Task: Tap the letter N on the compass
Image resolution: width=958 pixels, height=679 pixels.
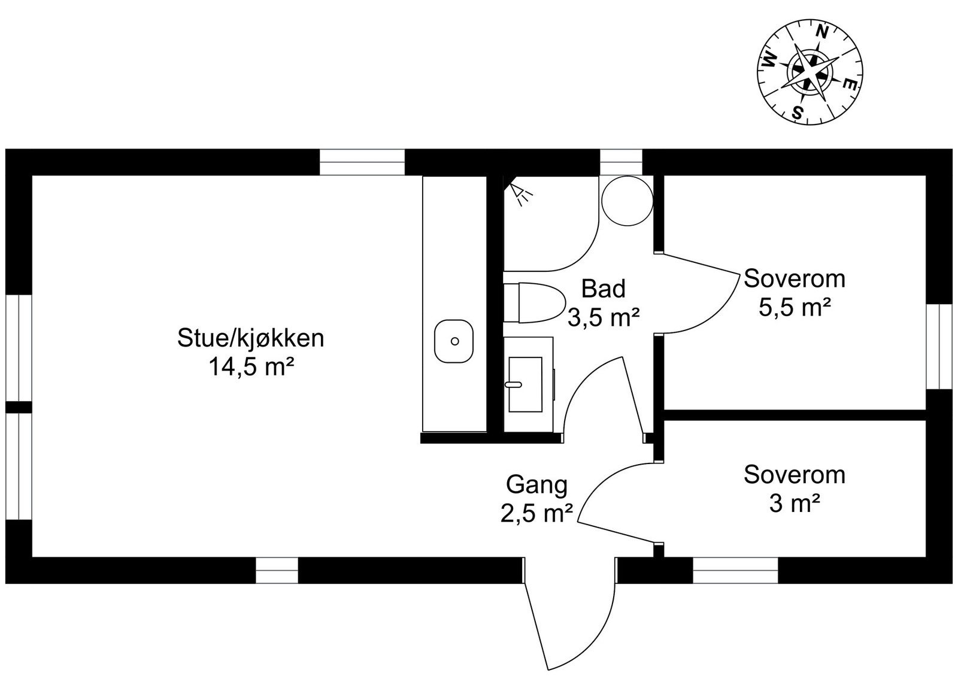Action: pyautogui.click(x=823, y=32)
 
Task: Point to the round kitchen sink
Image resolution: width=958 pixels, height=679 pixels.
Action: pyautogui.click(x=454, y=341)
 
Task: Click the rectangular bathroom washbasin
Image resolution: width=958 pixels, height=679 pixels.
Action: pyautogui.click(x=525, y=384)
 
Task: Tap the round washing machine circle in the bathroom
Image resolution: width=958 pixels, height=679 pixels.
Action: pyautogui.click(x=627, y=200)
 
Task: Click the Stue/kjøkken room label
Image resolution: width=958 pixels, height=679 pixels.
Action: pyautogui.click(x=250, y=338)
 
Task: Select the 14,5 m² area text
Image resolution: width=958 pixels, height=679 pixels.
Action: pyautogui.click(x=250, y=366)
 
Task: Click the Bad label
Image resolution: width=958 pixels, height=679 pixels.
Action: pyautogui.click(x=603, y=289)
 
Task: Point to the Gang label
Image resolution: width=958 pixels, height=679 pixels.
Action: pyautogui.click(x=536, y=484)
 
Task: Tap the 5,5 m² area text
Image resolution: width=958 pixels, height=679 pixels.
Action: pyautogui.click(x=794, y=308)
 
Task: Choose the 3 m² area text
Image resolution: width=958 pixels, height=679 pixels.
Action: pyautogui.click(x=794, y=504)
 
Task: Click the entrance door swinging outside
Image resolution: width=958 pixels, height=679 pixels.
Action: pyautogui.click(x=569, y=617)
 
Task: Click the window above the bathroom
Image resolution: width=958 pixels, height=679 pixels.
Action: pyautogui.click(x=620, y=162)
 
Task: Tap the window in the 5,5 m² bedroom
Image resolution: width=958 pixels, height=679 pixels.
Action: pyautogui.click(x=939, y=346)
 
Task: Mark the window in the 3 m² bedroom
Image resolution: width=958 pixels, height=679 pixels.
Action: pyautogui.click(x=735, y=571)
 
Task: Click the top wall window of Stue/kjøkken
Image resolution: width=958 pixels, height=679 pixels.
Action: pyautogui.click(x=362, y=162)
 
